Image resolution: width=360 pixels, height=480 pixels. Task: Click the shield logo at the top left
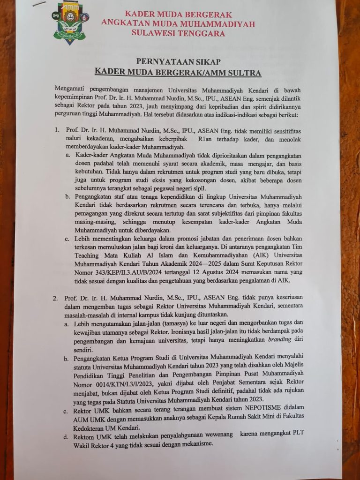tap(69, 22)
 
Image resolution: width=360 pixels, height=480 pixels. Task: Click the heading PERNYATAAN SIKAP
tap(178, 62)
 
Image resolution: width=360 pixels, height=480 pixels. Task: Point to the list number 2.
tap(55, 298)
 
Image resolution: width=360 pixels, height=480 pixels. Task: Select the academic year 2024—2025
tap(220, 264)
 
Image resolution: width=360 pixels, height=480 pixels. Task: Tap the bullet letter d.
tap(66, 437)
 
